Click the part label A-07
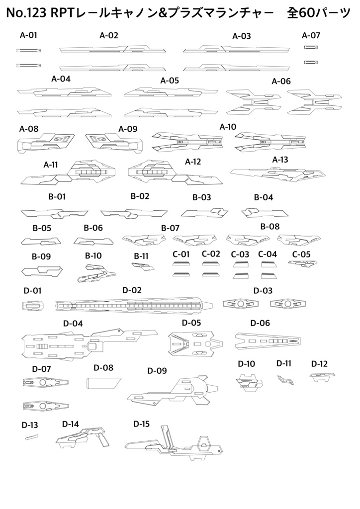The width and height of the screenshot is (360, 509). (x=311, y=35)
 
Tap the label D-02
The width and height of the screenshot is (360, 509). (x=132, y=290)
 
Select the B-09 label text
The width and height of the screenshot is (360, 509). (x=41, y=256)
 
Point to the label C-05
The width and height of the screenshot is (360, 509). (x=301, y=254)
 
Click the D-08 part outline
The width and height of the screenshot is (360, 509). (x=104, y=383)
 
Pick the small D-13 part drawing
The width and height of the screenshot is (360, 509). (x=31, y=436)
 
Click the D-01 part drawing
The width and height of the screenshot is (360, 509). (x=33, y=306)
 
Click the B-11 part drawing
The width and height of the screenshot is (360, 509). (x=143, y=266)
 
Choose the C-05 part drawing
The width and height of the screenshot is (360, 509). (x=302, y=263)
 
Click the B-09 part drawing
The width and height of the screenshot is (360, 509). (x=42, y=270)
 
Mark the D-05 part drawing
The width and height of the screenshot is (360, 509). (x=195, y=343)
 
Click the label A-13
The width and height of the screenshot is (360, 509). (x=280, y=160)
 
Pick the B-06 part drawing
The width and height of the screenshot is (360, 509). (x=93, y=241)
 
